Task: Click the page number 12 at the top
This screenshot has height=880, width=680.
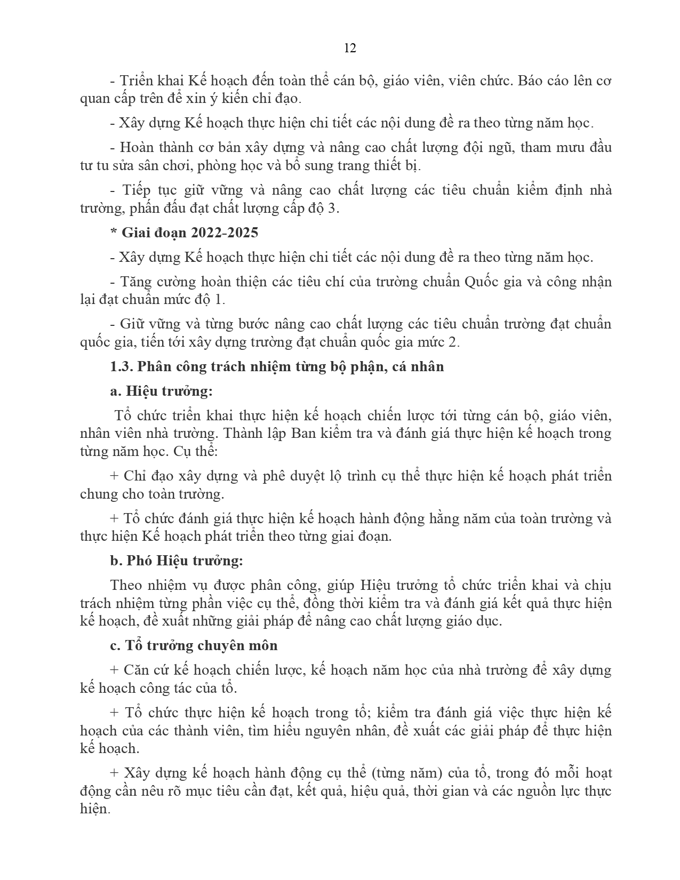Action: pos(350,49)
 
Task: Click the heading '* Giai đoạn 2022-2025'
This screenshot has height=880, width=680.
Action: pos(185,233)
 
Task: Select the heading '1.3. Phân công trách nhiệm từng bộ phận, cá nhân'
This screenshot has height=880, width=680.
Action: pos(277,367)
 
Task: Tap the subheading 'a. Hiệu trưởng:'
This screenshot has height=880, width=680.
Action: pos(161,391)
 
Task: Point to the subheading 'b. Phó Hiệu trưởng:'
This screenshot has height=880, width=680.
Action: pos(177,561)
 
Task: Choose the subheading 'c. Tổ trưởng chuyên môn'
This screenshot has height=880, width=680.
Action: pos(194,646)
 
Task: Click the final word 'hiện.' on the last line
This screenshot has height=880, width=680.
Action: pos(95,810)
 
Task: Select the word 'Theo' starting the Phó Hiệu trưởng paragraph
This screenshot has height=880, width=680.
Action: pos(126,586)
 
